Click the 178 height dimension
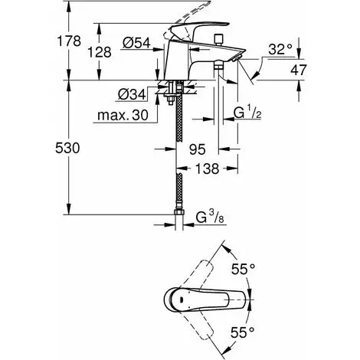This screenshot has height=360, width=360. (69, 41)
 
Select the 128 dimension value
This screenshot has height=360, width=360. (100, 52)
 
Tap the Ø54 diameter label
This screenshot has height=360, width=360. (136, 43)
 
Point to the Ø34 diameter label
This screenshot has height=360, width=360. (132, 94)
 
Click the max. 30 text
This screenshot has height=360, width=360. (123, 116)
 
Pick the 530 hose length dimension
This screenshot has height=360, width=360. (67, 148)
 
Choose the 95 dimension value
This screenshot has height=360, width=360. (198, 149)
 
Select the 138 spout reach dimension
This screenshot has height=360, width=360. (207, 169)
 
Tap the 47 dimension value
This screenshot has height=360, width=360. (299, 70)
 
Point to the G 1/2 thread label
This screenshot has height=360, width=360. (247, 113)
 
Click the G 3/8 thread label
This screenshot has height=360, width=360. (210, 218)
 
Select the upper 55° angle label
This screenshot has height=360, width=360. (243, 269)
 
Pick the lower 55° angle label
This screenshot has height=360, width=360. (243, 332)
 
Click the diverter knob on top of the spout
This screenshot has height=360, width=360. (218, 39)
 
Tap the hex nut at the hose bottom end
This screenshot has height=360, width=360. (179, 213)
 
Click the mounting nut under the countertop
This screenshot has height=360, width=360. (170, 97)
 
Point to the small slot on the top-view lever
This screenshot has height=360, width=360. (181, 299)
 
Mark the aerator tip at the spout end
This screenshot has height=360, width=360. (237, 58)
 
